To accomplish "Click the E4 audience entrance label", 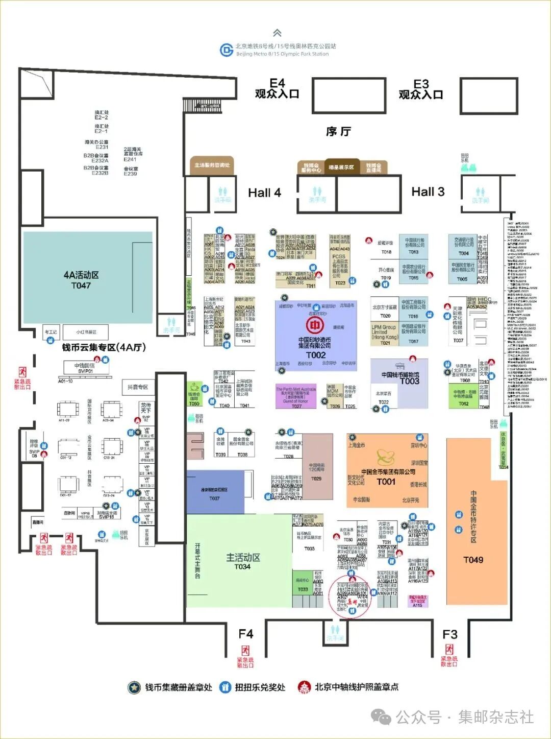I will tap(277, 88).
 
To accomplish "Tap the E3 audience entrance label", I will tap(421, 89).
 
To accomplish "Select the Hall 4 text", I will tap(264, 193).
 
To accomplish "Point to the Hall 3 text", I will tap(428, 192).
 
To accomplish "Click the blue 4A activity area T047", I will tap(81, 280).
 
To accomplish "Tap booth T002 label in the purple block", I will tap(315, 355).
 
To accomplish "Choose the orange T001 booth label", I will tap(386, 482).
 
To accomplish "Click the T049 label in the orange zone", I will tap(473, 560).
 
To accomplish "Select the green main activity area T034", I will tap(243, 561).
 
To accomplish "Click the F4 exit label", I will tap(246, 634).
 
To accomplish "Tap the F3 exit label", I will tap(450, 634).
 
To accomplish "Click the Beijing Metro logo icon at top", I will tap(227, 50).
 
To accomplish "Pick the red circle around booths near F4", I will tap(350, 598).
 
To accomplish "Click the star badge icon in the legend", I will tap(134, 687).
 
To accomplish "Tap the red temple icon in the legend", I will tap(305, 687).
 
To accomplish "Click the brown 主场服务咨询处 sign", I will tap(212, 165).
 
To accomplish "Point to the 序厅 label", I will tap(338, 132).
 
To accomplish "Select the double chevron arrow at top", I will tap(277, 33).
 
